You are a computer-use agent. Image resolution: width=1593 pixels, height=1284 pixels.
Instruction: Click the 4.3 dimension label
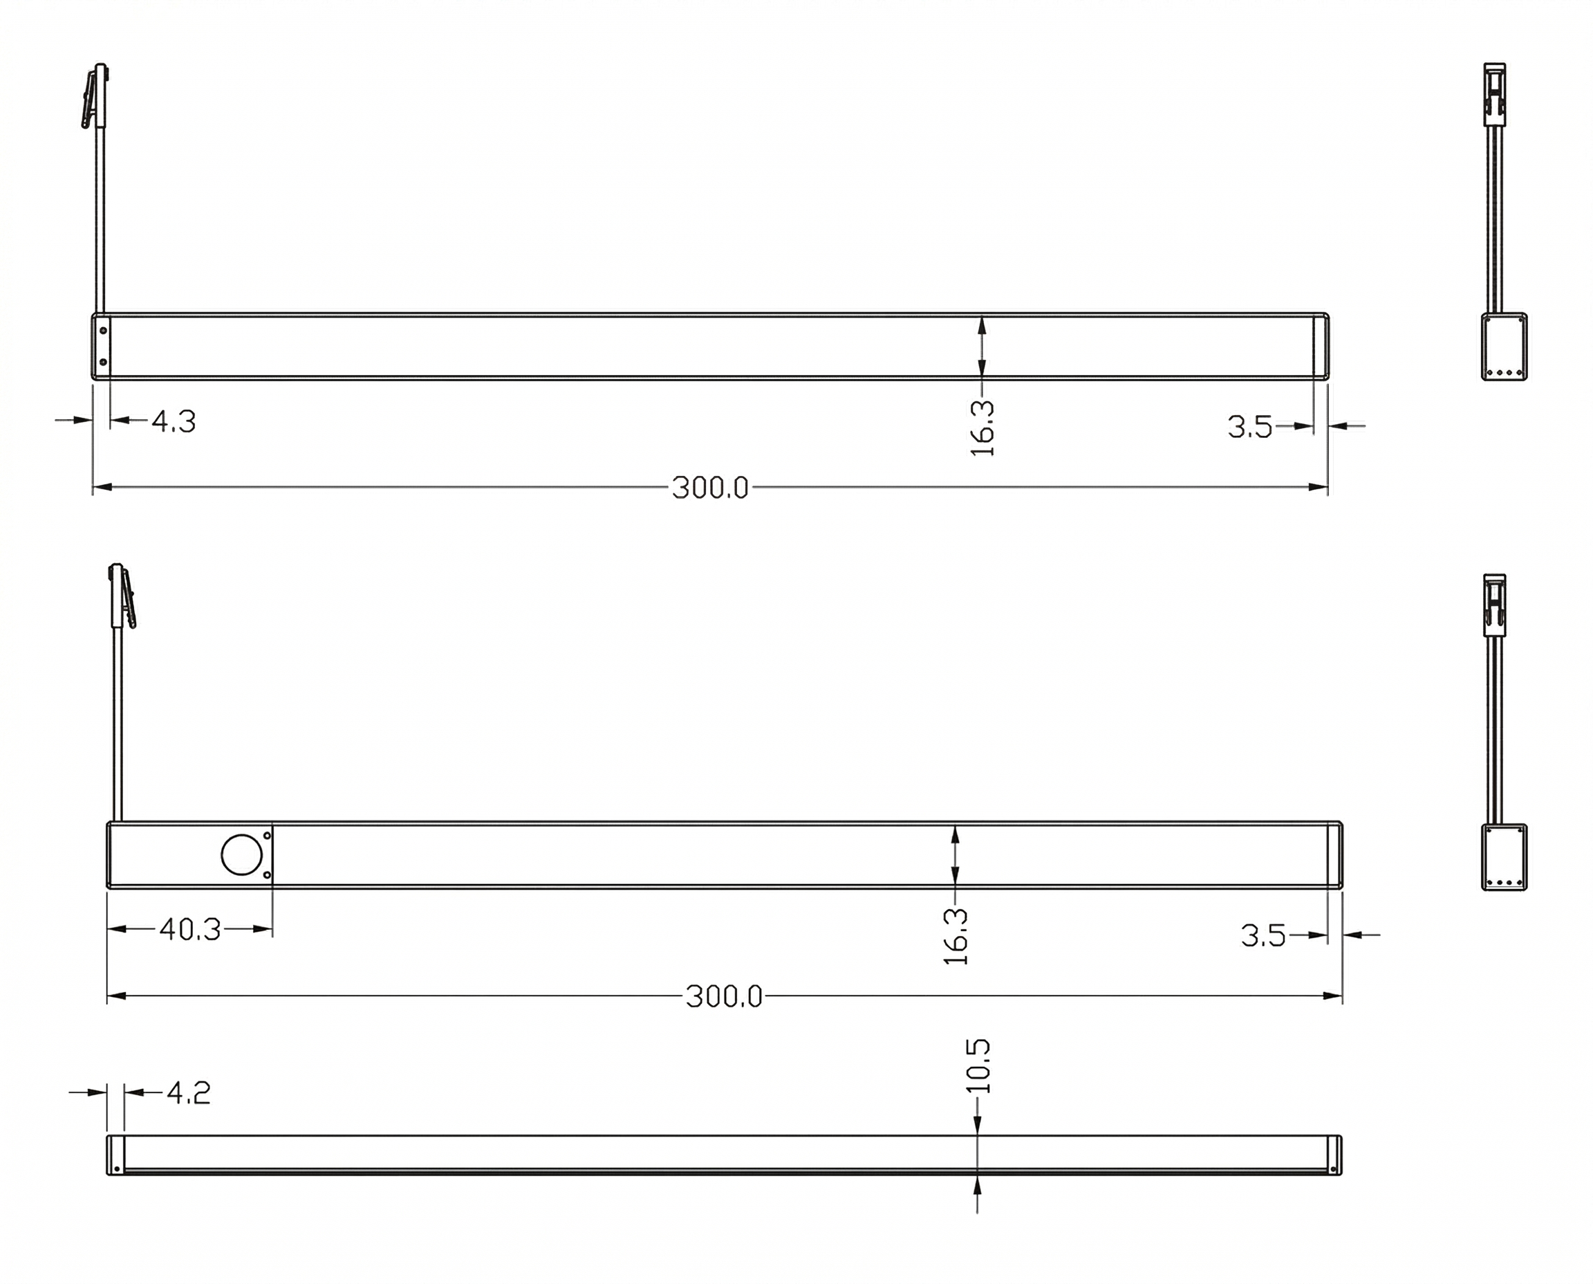(174, 421)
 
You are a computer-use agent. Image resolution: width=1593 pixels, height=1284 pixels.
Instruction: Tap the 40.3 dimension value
(190, 930)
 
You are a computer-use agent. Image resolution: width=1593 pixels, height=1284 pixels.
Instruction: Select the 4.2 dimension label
(189, 1092)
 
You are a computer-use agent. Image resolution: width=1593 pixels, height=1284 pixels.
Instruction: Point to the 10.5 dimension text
(977, 1067)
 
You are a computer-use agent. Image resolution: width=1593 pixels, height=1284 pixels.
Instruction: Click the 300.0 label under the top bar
(710, 488)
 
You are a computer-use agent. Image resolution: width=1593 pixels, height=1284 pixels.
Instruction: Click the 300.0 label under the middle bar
(724, 997)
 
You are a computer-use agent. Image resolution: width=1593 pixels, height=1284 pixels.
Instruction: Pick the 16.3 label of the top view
(982, 429)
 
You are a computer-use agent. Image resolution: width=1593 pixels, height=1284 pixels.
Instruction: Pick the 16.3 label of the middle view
(956, 937)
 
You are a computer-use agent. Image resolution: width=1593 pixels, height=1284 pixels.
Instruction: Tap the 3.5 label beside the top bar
(1250, 427)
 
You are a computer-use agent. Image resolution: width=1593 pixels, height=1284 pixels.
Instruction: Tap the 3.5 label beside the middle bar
(1263, 935)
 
